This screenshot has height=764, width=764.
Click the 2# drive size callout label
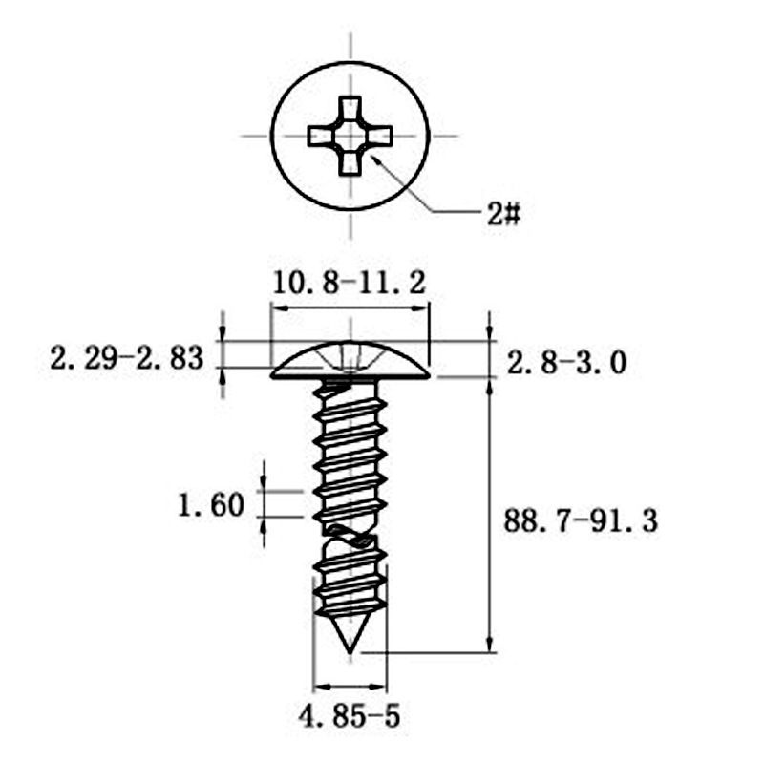(504, 214)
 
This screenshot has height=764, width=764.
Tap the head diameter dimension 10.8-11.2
(349, 284)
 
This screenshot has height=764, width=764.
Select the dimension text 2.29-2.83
(127, 358)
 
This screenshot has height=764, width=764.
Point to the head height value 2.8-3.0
(566, 364)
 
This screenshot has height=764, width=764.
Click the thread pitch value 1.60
(210, 505)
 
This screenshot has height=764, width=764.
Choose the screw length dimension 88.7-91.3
(581, 520)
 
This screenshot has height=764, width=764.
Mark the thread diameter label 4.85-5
(349, 716)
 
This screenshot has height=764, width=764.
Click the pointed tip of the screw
(350, 652)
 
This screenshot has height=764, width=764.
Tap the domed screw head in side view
(350, 361)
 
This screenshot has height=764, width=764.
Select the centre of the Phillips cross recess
(350, 136)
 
